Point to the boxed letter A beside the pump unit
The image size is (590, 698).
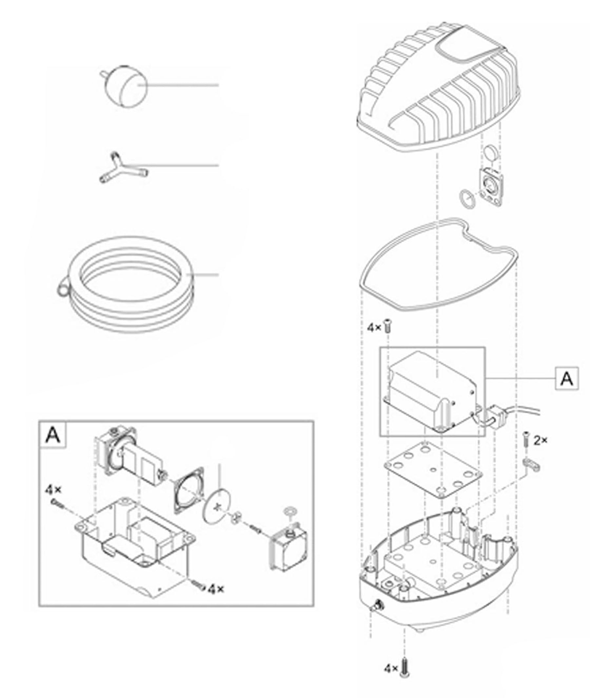pyautogui.click(x=567, y=378)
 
